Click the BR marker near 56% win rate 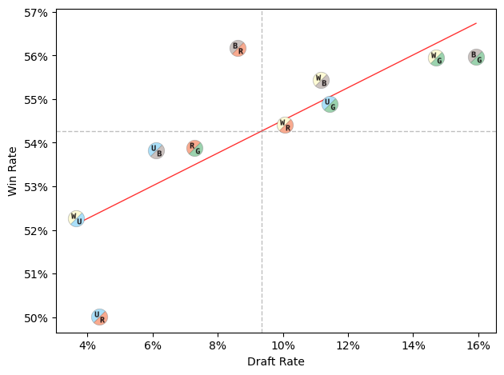click(x=238, y=48)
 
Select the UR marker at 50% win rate click(x=99, y=317)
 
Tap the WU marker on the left click(x=76, y=218)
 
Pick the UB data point click(x=156, y=150)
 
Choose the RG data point click(x=194, y=148)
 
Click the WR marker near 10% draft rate click(x=285, y=125)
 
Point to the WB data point click(x=321, y=80)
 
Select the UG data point click(x=330, y=104)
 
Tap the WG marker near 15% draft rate click(x=436, y=58)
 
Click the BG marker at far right click(x=476, y=57)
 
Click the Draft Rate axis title click(x=276, y=362)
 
